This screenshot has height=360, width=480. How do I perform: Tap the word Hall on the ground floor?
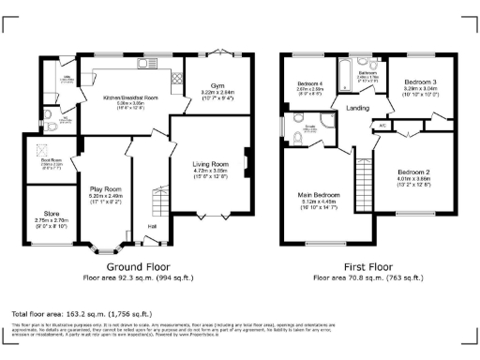[x=151, y=225]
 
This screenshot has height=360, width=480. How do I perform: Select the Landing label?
[x=357, y=109]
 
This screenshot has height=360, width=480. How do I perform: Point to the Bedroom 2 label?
[x=412, y=173]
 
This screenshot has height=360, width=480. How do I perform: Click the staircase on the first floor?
[x=366, y=183]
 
